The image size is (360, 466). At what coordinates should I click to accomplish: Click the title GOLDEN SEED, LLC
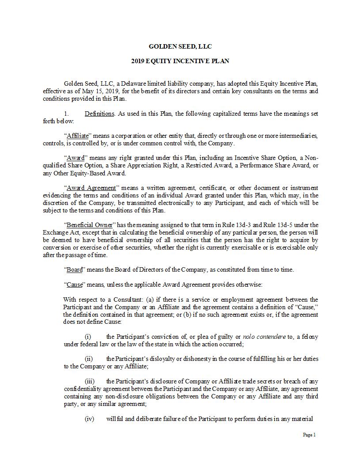click(180, 46)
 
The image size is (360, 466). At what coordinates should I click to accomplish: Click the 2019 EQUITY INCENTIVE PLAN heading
click(180, 61)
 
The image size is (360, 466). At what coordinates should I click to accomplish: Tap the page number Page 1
click(309, 435)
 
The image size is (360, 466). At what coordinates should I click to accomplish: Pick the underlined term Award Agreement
click(91, 187)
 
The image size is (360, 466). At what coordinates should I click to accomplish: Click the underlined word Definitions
click(99, 114)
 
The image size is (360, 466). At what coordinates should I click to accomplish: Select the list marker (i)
click(88, 337)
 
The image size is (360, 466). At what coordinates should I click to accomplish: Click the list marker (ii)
click(89, 359)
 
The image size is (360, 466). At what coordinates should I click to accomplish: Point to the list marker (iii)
click(90, 381)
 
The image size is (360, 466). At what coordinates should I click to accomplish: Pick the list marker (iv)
click(90, 419)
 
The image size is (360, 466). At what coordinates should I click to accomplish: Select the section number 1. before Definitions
click(67, 114)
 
